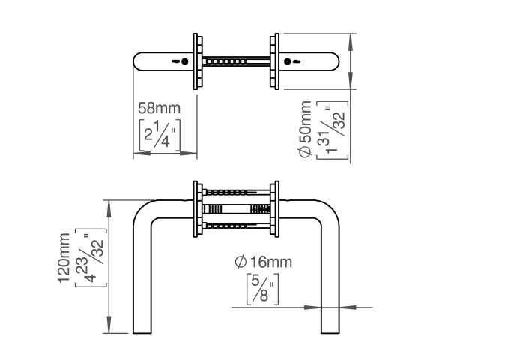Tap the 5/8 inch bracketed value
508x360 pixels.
pyautogui.click(x=263, y=289)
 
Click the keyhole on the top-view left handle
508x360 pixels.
pyautogui.click(x=179, y=61)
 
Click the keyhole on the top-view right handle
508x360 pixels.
pyautogui.click(x=293, y=61)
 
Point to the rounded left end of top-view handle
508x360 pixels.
pyautogui.click(x=138, y=61)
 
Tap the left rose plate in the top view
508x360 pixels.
pyautogui.click(x=198, y=61)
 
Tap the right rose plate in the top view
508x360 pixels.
pyautogui.click(x=274, y=61)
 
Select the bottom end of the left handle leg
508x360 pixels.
pyautogui.click(x=139, y=331)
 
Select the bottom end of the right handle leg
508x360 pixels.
pyautogui.click(x=327, y=331)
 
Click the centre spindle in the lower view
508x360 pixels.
pyautogui.click(x=236, y=209)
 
